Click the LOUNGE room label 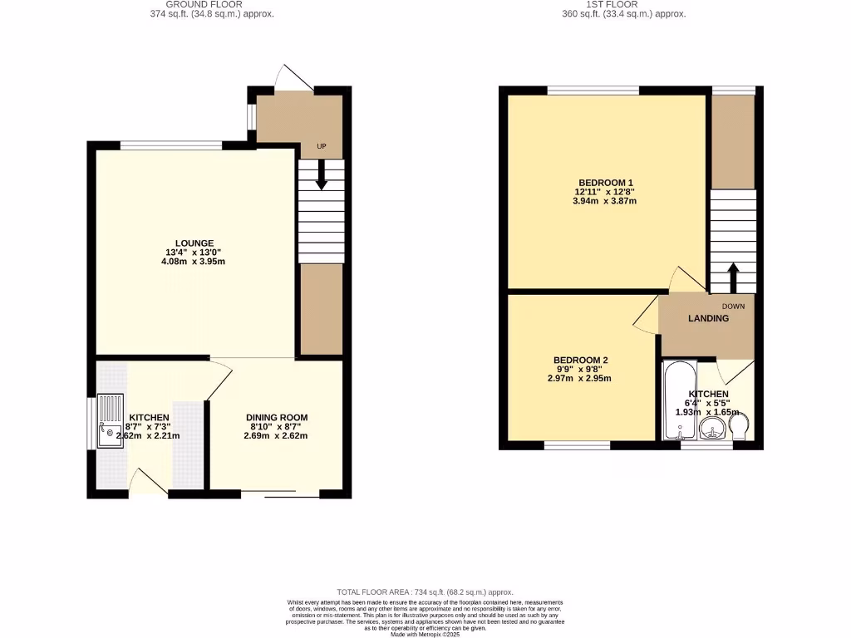click(194, 243)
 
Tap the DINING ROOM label click(277, 418)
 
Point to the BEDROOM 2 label click(580, 361)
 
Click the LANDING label click(708, 318)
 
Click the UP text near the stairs click(321, 146)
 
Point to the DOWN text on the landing click(733, 306)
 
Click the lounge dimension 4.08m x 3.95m click(194, 262)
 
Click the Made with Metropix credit click(425, 633)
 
